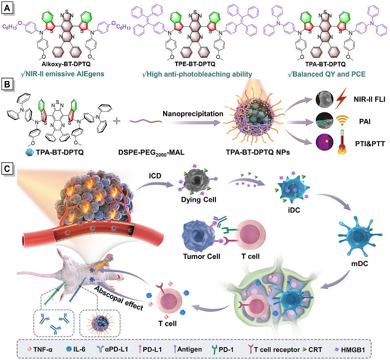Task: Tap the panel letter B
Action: click(x=7, y=86)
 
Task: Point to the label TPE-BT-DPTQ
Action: click(x=194, y=65)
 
